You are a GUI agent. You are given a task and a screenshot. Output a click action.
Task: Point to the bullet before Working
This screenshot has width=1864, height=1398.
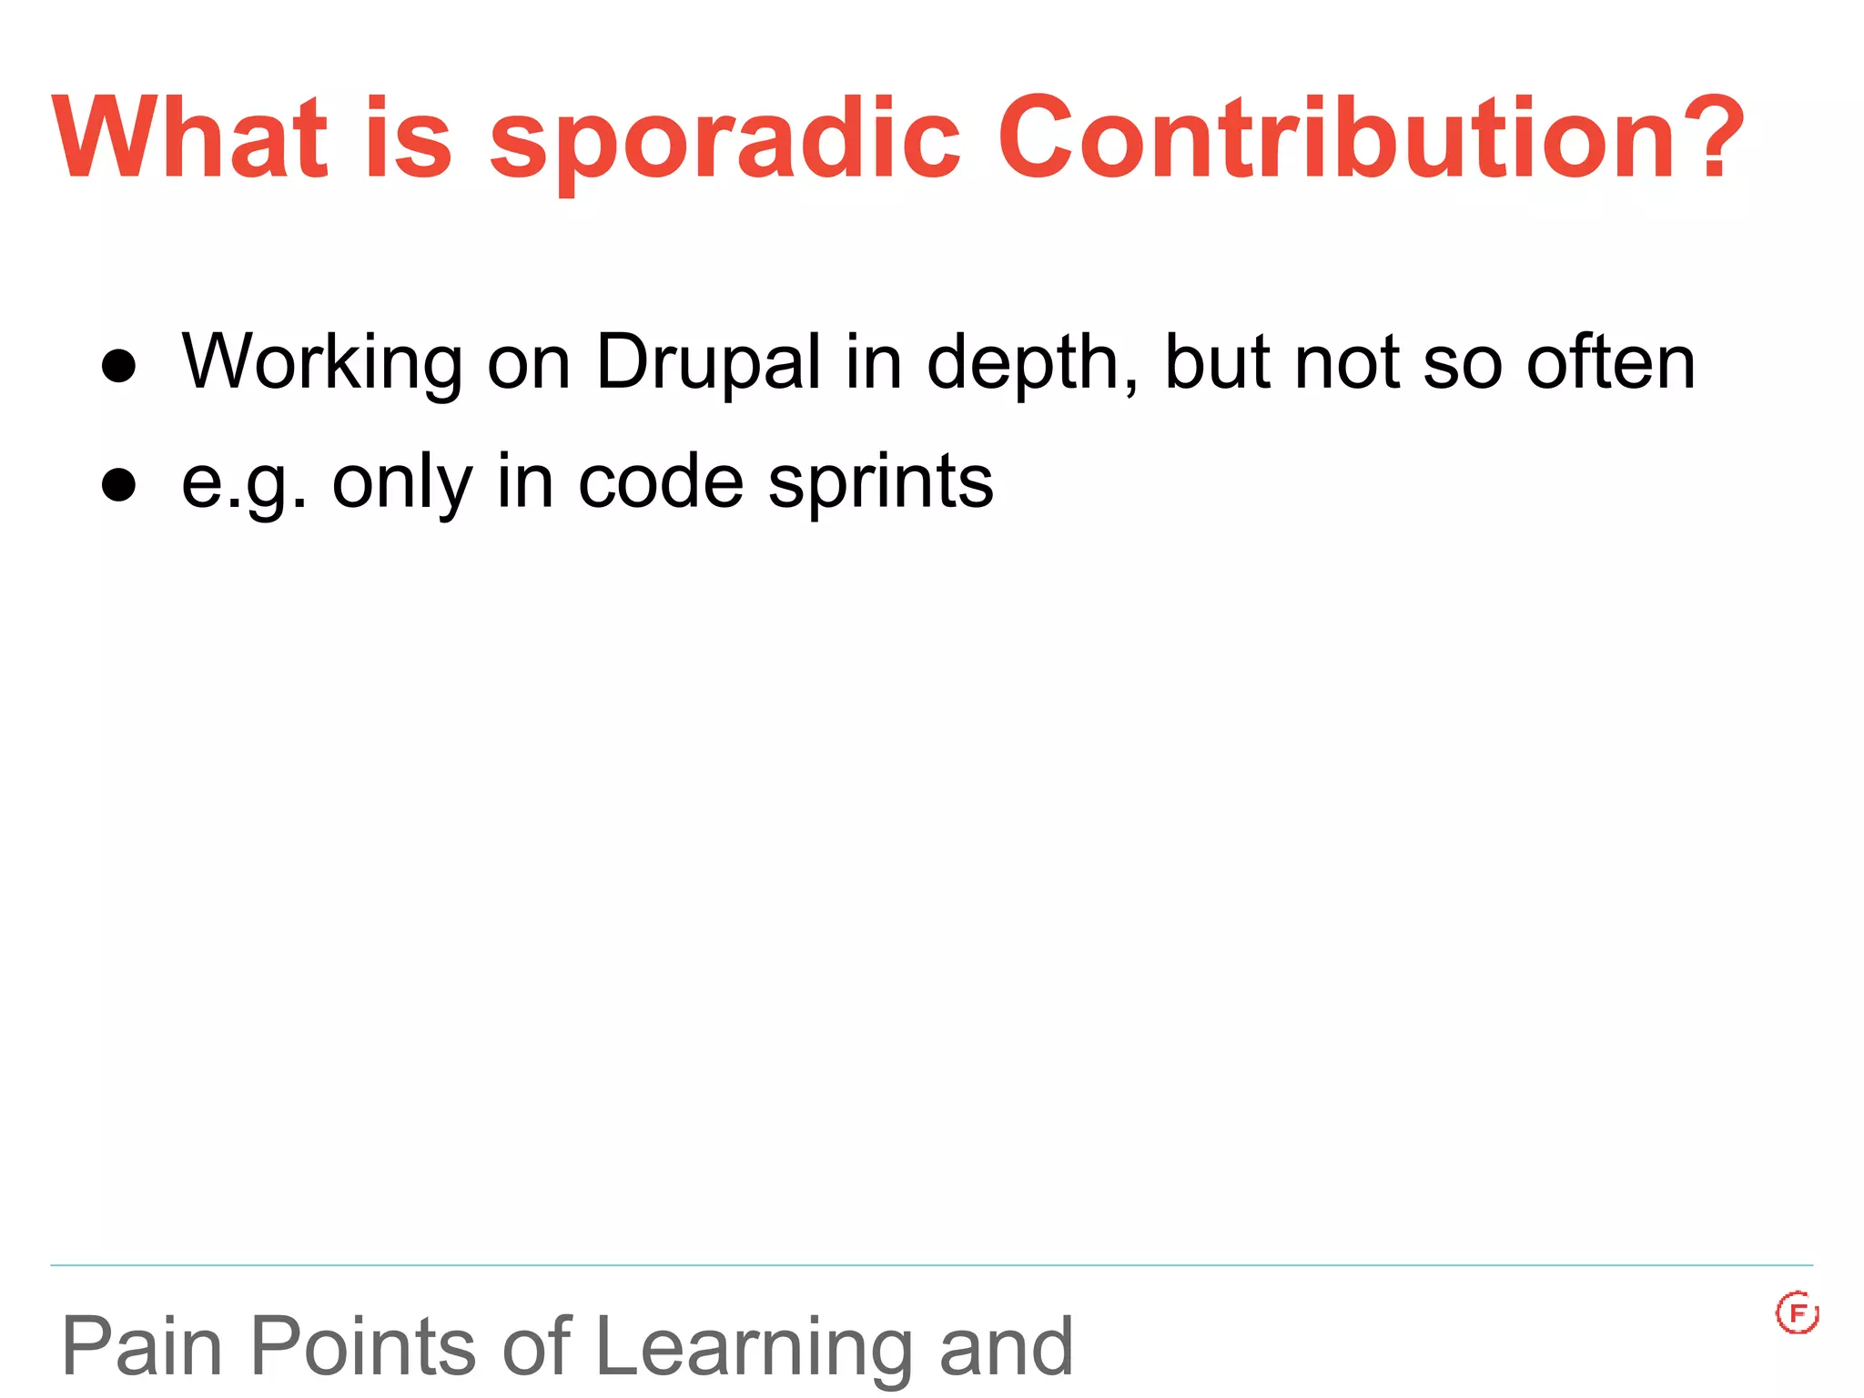click(119, 366)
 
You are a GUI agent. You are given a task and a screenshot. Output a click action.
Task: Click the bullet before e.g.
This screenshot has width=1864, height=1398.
click(119, 485)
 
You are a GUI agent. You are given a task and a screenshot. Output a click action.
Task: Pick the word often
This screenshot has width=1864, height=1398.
click(1611, 362)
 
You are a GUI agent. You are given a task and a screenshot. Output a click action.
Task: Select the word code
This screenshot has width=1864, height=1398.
click(661, 482)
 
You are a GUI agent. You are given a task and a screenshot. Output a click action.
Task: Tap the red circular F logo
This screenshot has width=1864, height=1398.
click(1797, 1313)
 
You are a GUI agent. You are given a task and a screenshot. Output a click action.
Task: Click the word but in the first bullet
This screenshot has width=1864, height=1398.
click(1218, 362)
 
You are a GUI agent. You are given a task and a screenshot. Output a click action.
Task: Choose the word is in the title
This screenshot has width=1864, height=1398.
click(408, 138)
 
